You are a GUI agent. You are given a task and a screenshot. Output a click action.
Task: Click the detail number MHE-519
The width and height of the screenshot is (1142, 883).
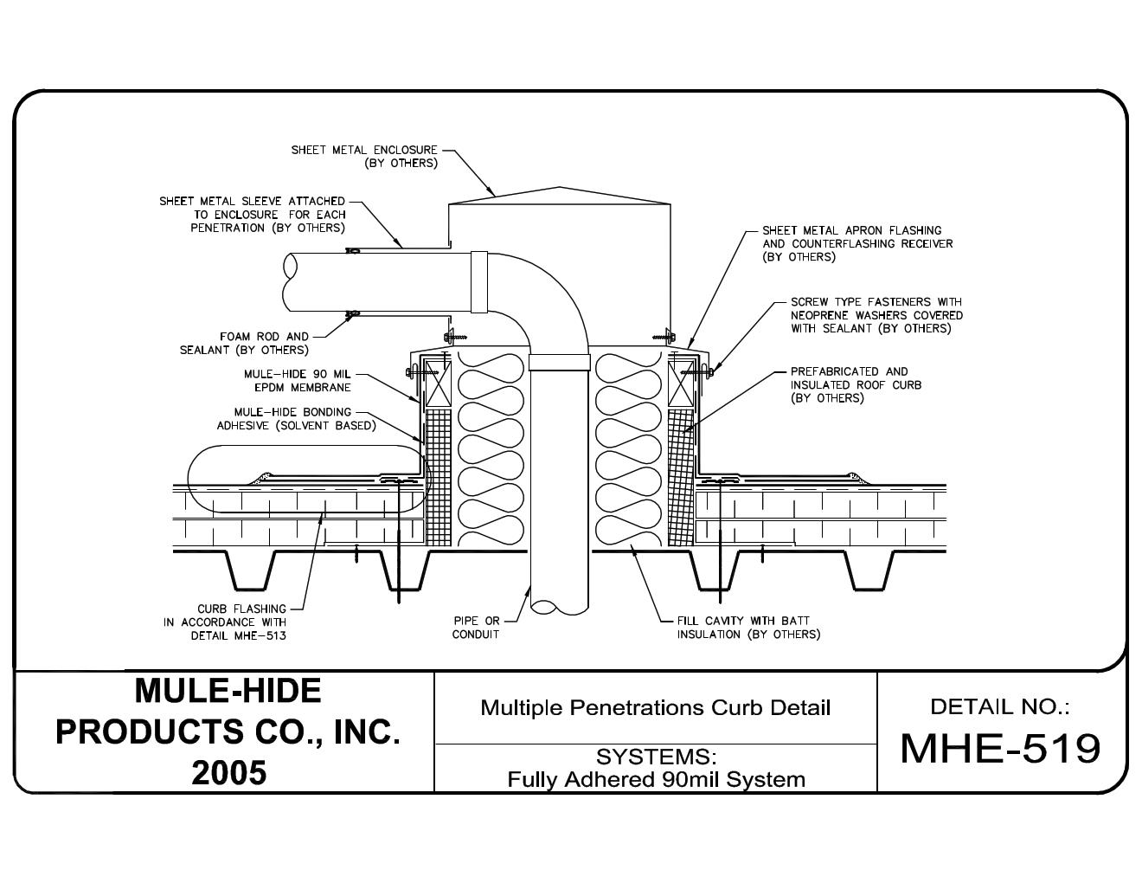point(1000,749)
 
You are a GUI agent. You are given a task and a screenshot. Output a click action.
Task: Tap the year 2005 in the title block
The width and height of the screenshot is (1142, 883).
point(228,772)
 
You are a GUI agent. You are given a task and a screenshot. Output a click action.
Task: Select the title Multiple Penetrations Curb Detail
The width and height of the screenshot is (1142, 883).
point(655,708)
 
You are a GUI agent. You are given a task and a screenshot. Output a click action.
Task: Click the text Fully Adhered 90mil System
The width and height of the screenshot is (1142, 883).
point(656,779)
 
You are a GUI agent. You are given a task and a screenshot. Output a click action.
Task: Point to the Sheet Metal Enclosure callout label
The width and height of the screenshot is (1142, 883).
point(364,157)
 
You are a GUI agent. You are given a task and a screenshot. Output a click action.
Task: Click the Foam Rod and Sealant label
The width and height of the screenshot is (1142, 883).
point(244,344)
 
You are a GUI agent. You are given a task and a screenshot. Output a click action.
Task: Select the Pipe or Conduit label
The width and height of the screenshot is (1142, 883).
point(476,628)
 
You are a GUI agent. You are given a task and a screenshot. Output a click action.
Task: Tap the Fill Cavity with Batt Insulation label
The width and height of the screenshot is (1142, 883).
point(748,628)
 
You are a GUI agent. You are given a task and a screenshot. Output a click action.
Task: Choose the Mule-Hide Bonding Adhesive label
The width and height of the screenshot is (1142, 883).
point(296,419)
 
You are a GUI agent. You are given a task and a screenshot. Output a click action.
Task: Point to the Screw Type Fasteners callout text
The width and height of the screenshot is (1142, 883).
point(876,315)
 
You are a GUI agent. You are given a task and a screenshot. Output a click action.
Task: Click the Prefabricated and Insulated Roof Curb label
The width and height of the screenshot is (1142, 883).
point(855,384)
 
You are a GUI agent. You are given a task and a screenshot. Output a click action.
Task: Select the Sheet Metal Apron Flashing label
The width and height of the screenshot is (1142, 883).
point(856,243)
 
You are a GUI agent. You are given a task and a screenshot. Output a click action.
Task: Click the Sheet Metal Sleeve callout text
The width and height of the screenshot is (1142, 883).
point(252,215)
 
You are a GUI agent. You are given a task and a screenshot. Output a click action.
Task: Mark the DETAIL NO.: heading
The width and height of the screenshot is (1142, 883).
point(1000,706)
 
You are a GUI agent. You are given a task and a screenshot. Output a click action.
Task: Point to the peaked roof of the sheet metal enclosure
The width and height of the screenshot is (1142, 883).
point(560,194)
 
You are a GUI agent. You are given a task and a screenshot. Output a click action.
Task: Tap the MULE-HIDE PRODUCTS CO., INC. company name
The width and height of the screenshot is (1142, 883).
point(228,712)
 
